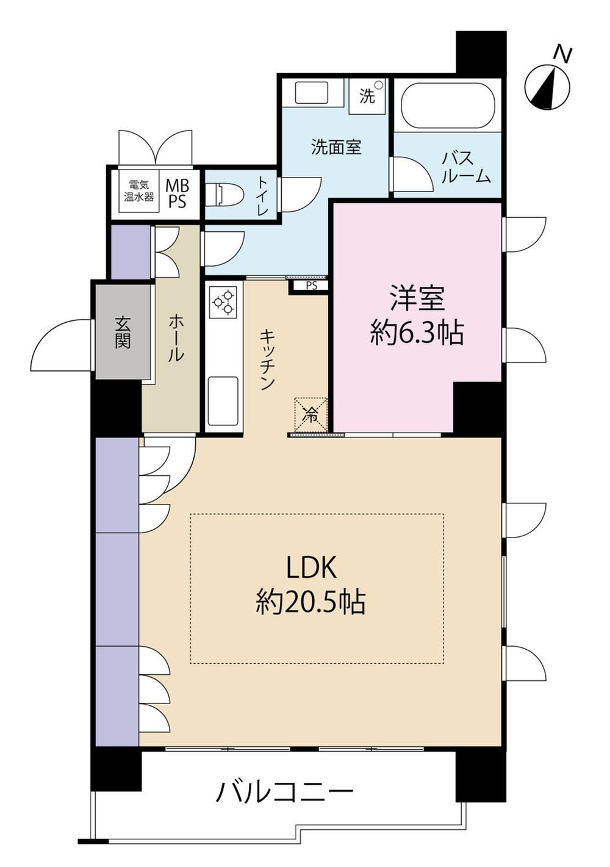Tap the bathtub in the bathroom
pos(448,104)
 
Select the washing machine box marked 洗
pos(368,96)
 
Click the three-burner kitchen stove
pos(224,301)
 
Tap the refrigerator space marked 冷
pos(311,414)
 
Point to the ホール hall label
pos(176,338)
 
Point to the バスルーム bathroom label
pos(466,167)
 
